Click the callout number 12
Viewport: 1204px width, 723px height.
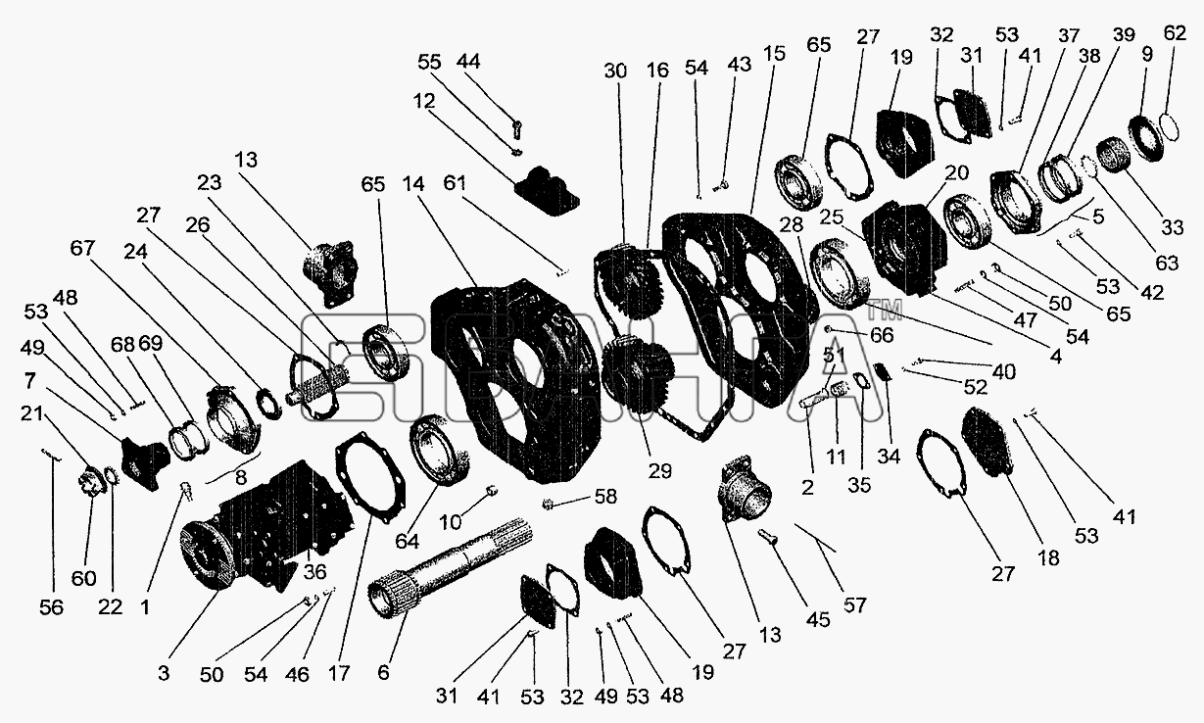pyautogui.click(x=424, y=101)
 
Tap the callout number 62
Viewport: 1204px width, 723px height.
pyautogui.click(x=1175, y=33)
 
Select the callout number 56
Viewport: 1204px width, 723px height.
pyautogui.click(x=52, y=607)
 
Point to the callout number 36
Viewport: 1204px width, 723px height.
pyautogui.click(x=314, y=571)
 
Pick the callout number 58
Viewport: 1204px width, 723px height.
pyautogui.click(x=605, y=497)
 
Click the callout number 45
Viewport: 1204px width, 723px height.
pyautogui.click(x=818, y=620)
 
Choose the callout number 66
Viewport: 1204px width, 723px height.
pyautogui.click(x=882, y=335)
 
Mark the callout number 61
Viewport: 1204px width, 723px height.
pyautogui.click(x=455, y=183)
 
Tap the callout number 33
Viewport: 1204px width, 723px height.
pyautogui.click(x=1173, y=227)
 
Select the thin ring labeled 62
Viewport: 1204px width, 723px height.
pyautogui.click(x=1169, y=129)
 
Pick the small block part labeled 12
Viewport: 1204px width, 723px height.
pyautogui.click(x=548, y=191)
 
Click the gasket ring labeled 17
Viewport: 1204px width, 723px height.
pyautogui.click(x=370, y=477)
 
